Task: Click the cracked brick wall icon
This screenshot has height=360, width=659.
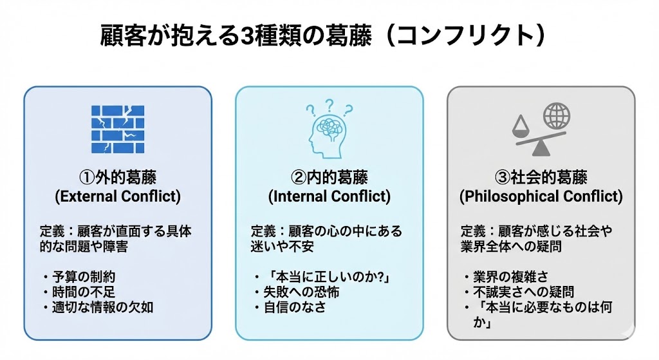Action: pyautogui.click(x=118, y=129)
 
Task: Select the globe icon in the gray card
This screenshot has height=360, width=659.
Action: pyautogui.click(x=556, y=117)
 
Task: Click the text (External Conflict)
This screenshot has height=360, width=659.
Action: pyautogui.click(x=118, y=196)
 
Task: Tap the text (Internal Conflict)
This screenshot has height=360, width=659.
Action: pyautogui.click(x=329, y=196)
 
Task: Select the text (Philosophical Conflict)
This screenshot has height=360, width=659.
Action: pyautogui.click(x=541, y=196)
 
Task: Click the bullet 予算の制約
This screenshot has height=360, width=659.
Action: pyautogui.click(x=84, y=277)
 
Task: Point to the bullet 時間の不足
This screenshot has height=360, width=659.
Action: pyautogui.click(x=84, y=292)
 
